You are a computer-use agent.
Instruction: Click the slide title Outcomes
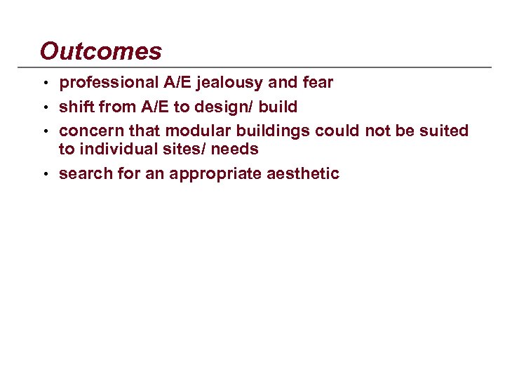[x=100, y=51]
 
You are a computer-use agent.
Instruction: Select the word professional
[x=109, y=83]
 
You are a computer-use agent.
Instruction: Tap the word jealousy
[x=230, y=83]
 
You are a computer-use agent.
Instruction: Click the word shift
[x=74, y=107]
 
